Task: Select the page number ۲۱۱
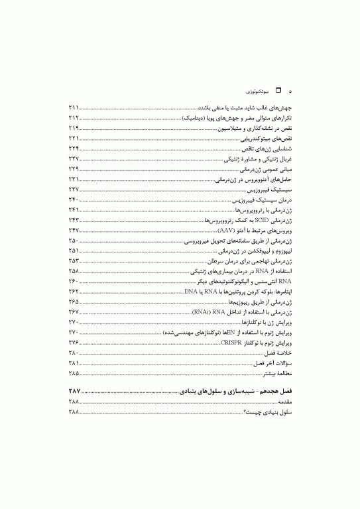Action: (x=74, y=107)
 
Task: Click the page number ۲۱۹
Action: (x=74, y=127)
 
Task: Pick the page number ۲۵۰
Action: (x=74, y=239)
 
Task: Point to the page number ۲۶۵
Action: (x=74, y=301)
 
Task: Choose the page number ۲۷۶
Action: (x=74, y=342)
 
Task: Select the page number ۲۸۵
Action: (x=74, y=373)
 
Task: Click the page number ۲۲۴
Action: (x=74, y=148)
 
